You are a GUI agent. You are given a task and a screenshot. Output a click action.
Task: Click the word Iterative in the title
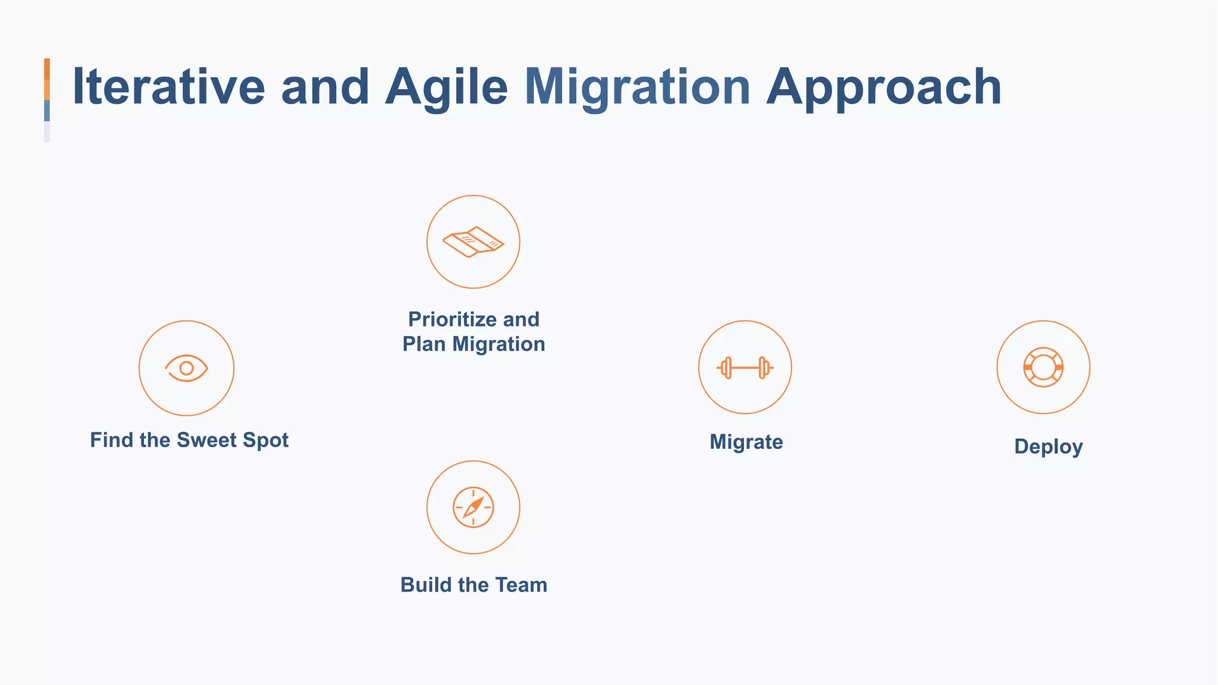168,87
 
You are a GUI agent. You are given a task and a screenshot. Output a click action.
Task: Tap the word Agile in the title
447,87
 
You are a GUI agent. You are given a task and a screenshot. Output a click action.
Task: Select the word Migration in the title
637,87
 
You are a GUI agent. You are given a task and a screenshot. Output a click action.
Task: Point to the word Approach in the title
884,87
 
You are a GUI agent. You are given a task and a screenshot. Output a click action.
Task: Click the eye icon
186,368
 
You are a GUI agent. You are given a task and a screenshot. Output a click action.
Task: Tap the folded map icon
473,242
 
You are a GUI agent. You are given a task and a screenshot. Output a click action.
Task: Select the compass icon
473,507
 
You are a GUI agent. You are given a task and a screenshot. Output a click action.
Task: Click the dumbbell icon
745,368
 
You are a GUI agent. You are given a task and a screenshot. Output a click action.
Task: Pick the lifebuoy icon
1043,367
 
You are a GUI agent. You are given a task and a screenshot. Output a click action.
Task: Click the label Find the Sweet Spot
189,440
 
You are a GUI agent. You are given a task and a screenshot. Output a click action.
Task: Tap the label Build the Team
473,585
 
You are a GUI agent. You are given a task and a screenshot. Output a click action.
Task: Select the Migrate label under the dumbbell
746,442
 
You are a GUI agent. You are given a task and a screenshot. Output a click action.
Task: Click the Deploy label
1048,447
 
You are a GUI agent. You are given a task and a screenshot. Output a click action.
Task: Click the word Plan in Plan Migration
423,344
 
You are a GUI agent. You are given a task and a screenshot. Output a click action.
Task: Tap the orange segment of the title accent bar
47,78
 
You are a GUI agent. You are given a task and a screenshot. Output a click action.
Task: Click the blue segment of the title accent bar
47,111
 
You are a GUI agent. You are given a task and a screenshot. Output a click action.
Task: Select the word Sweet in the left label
206,440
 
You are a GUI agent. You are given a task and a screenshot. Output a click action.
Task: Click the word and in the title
325,87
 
